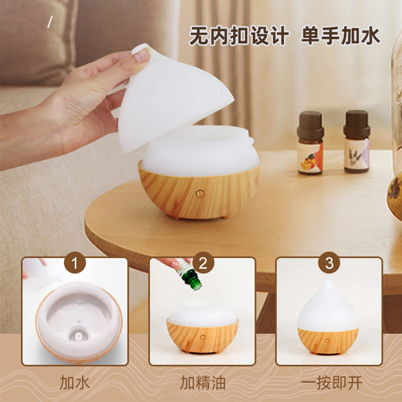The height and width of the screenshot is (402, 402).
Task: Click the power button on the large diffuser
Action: (200, 194)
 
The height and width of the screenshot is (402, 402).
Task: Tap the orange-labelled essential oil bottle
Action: (310, 143)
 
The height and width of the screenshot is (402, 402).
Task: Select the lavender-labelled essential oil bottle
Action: (357, 142)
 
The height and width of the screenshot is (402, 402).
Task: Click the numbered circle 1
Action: (74, 263)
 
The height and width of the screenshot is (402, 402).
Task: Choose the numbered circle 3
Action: (329, 263)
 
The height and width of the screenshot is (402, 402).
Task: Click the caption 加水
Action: (74, 382)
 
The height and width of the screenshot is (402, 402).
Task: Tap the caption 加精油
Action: (203, 382)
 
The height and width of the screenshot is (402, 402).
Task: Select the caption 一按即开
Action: (332, 382)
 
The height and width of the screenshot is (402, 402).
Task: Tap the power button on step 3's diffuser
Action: (328, 341)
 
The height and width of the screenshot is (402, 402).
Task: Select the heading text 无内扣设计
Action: (239, 36)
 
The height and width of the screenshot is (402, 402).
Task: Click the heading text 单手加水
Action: (341, 36)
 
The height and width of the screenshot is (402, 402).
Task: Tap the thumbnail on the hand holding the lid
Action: (142, 55)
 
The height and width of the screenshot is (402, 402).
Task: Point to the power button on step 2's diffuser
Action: (203, 337)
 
